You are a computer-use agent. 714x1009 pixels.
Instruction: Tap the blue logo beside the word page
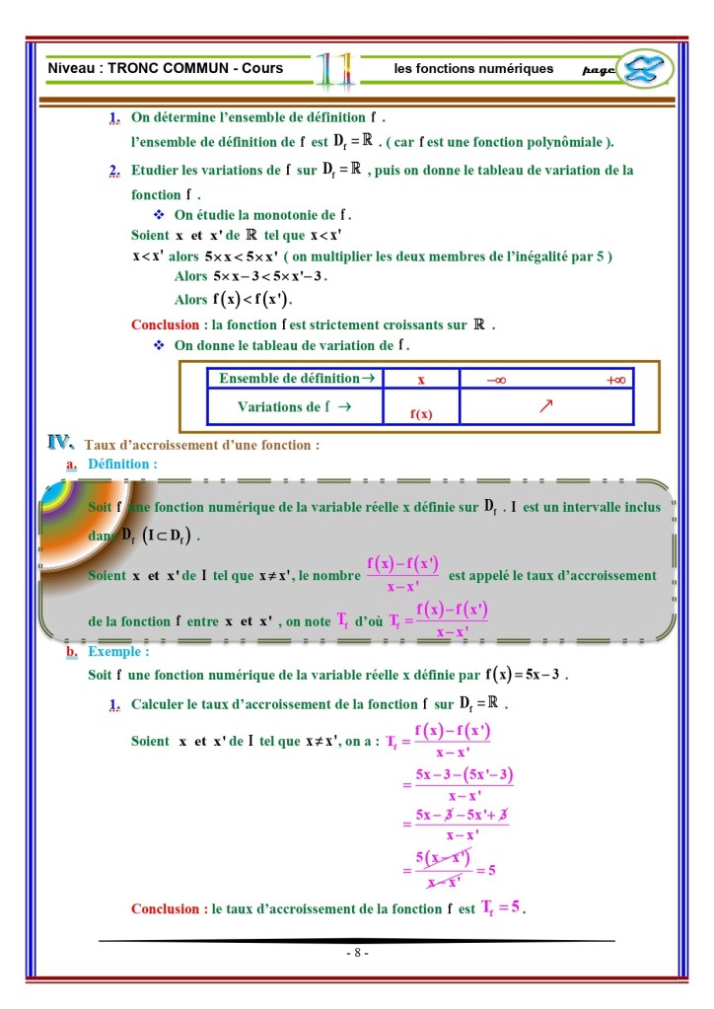pyautogui.click(x=645, y=69)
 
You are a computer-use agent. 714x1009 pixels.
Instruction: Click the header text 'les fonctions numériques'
pyautogui.click(x=473, y=69)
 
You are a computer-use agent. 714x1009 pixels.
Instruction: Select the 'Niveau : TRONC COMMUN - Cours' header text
pyautogui.click(x=166, y=68)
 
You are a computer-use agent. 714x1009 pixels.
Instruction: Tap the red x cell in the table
pyautogui.click(x=421, y=380)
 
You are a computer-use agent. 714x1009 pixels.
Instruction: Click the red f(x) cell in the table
pyautogui.click(x=421, y=414)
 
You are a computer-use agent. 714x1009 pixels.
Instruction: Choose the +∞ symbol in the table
pyautogui.click(x=616, y=380)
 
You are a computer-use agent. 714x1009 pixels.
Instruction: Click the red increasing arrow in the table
pyautogui.click(x=545, y=406)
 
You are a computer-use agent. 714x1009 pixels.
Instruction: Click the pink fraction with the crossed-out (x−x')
pyautogui.click(x=442, y=870)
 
